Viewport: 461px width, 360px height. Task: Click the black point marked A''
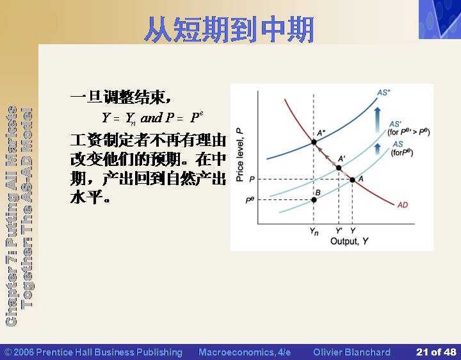[x=314, y=142]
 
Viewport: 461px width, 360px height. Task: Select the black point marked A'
[x=339, y=168]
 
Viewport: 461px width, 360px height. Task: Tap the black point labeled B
[x=314, y=200]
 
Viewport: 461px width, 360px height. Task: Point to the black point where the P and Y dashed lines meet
[x=352, y=179]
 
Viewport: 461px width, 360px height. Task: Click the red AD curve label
[x=403, y=205]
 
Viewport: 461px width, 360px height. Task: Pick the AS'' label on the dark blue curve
[x=384, y=93]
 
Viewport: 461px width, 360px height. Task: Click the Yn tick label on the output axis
[x=314, y=231]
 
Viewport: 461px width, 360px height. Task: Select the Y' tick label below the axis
[x=339, y=231]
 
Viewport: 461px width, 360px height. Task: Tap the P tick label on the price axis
[x=252, y=179]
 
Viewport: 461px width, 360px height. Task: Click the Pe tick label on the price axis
[x=250, y=200]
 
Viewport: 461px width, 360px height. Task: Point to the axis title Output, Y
[x=350, y=241]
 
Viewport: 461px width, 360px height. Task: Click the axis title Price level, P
[x=240, y=155]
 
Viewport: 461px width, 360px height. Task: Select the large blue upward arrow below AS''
[x=378, y=120]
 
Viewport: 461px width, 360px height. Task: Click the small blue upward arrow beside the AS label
[x=378, y=149]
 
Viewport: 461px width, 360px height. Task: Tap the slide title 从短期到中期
[x=229, y=29]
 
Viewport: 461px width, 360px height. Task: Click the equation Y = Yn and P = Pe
[x=152, y=119]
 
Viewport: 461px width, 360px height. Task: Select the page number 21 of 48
[x=436, y=352]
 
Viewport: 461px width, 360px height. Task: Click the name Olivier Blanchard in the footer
[x=352, y=352]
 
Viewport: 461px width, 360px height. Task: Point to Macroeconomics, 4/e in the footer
[x=245, y=352]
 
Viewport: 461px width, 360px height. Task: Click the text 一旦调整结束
[x=120, y=97]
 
